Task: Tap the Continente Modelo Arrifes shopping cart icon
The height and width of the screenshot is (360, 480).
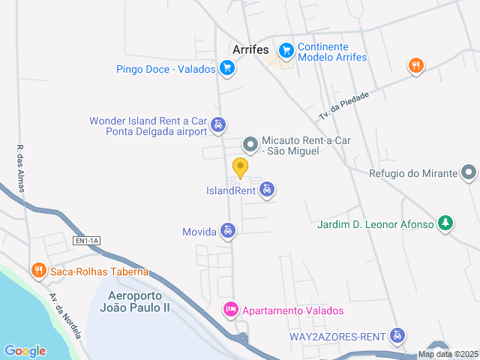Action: coord(286,51)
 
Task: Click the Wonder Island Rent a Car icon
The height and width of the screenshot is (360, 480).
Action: coord(217,125)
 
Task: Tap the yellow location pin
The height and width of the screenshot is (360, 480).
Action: coord(240,166)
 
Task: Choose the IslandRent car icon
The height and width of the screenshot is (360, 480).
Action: coord(267,190)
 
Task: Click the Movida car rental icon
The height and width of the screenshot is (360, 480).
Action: coord(228,231)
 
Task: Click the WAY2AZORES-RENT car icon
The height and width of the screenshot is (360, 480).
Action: coord(398,336)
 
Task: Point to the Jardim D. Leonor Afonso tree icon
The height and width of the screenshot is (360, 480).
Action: coord(445,223)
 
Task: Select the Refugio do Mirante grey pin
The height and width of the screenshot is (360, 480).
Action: coord(469,173)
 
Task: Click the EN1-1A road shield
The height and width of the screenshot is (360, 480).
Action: coord(86,241)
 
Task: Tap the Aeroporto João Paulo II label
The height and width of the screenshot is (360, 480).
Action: coord(139,301)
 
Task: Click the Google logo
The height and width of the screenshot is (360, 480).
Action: coord(25,350)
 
